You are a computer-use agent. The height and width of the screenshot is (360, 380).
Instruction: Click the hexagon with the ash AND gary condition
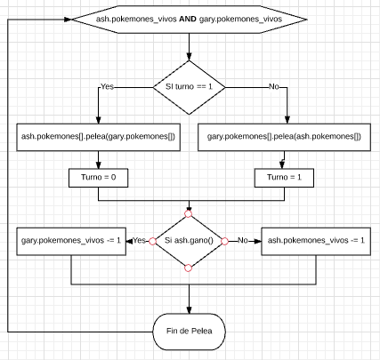pyautogui.click(x=188, y=18)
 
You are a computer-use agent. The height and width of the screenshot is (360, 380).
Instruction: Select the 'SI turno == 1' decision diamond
pyautogui.click(x=189, y=87)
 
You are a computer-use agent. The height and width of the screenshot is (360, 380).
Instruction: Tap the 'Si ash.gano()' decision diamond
pyautogui.click(x=189, y=240)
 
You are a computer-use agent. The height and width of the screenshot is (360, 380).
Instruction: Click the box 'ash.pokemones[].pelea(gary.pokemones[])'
pyautogui.click(x=97, y=137)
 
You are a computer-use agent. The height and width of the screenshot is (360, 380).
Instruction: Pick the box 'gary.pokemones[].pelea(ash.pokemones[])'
pyautogui.click(x=282, y=137)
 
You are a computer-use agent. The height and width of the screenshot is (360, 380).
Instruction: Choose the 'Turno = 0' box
pyautogui.click(x=97, y=177)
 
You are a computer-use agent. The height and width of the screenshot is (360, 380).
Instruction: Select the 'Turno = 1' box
pyautogui.click(x=282, y=177)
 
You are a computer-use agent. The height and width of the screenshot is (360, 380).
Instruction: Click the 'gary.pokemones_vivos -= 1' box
pyautogui.click(x=71, y=240)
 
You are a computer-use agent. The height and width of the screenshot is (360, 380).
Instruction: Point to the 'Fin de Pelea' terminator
pyautogui.click(x=189, y=332)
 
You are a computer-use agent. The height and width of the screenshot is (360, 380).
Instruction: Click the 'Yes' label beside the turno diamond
pyautogui.click(x=108, y=87)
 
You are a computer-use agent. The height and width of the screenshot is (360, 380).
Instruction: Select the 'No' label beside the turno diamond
pyautogui.click(x=273, y=87)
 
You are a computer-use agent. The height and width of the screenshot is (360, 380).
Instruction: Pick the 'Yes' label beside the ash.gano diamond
pyautogui.click(x=141, y=240)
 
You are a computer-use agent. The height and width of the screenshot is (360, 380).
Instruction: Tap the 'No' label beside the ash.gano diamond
pyautogui.click(x=240, y=240)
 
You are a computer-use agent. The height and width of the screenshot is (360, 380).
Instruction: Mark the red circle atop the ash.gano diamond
pyautogui.click(x=189, y=213)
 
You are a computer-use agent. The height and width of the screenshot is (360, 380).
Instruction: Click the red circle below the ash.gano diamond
pyautogui.click(x=189, y=266)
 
